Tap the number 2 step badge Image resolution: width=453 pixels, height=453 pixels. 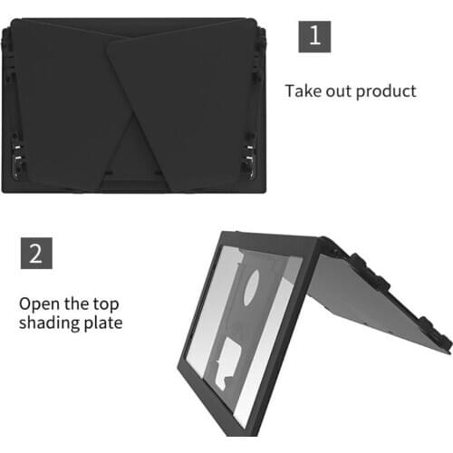coord(35,252)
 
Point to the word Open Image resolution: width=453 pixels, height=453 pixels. coord(41,303)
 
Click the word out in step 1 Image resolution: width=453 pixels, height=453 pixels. coord(342,91)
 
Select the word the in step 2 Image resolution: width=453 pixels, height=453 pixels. coord(91,303)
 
